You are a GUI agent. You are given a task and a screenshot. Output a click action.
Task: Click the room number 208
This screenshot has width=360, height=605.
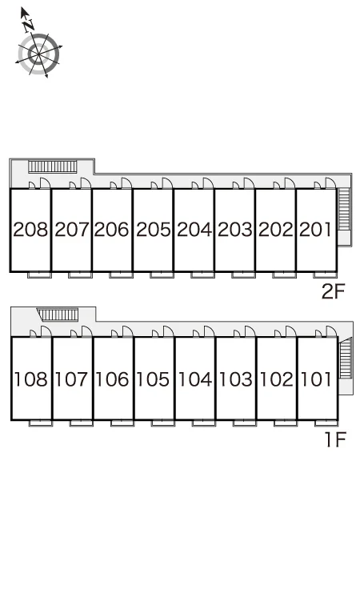pyautogui.click(x=30, y=229)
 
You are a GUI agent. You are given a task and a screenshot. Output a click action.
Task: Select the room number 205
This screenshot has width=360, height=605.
pyautogui.click(x=153, y=229)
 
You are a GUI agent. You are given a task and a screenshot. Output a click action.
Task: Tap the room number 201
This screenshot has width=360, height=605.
pyautogui.click(x=315, y=229)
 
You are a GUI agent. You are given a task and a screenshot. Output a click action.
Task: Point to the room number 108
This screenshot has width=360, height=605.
pyautogui.click(x=31, y=379)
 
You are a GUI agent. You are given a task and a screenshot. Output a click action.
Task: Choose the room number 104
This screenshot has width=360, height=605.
pyautogui.click(x=195, y=379)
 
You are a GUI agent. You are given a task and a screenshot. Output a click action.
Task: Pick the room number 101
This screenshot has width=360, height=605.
pyautogui.click(x=316, y=379)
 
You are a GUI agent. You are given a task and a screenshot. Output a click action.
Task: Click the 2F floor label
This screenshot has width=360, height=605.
pyautogui.click(x=333, y=291)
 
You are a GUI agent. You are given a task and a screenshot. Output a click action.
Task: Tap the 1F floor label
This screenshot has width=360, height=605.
pyautogui.click(x=336, y=439)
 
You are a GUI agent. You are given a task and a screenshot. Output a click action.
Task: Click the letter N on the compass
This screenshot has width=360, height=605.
pyautogui.click(x=28, y=26)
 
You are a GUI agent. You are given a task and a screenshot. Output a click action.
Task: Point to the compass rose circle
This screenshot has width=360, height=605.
pyautogui.click(x=39, y=54)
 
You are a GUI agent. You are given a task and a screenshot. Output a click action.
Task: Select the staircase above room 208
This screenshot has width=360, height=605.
pyautogui.click(x=53, y=166)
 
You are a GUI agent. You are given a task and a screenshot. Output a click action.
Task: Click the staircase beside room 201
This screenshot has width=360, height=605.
pyautogui.click(x=344, y=209)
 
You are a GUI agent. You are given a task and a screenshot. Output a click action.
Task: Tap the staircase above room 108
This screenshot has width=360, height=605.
pyautogui.click(x=58, y=315)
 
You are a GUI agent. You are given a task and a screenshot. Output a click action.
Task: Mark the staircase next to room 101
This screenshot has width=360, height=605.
pyautogui.click(x=346, y=358)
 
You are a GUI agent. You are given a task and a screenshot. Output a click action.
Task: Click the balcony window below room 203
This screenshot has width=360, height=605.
pyautogui.click(x=243, y=274)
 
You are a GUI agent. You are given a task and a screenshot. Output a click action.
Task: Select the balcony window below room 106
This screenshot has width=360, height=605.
pyautogui.click(x=122, y=423)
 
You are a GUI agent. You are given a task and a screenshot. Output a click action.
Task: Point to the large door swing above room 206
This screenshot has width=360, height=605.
pyautogui.click(x=126, y=183)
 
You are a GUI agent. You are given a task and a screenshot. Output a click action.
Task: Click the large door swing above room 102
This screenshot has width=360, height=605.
pyautogui.click(x=291, y=331)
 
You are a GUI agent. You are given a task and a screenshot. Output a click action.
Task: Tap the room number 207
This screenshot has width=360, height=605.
pyautogui.click(x=72, y=229)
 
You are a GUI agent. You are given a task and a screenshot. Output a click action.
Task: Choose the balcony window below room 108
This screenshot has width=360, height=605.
pyautogui.click(x=41, y=423)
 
